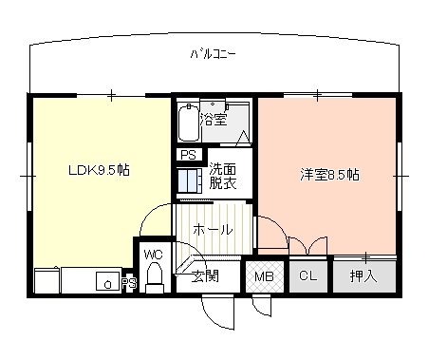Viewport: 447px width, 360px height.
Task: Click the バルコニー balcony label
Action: coord(213,53)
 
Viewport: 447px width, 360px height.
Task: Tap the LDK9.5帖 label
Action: coord(99,172)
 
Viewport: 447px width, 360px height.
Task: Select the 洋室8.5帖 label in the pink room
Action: coord(329,175)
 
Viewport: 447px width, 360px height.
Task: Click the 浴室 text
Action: coord(214,120)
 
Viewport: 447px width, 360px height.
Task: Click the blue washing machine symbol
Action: coord(190,180)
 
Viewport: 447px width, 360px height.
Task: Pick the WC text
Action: coord(154,255)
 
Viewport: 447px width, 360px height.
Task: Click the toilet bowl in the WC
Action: coord(157,277)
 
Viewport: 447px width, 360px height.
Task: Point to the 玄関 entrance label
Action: coord(204,276)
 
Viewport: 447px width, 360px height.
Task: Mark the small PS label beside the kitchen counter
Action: coord(130,282)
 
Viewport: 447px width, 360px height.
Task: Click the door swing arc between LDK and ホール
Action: coord(152,220)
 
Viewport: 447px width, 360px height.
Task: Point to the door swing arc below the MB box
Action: coord(261,306)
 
